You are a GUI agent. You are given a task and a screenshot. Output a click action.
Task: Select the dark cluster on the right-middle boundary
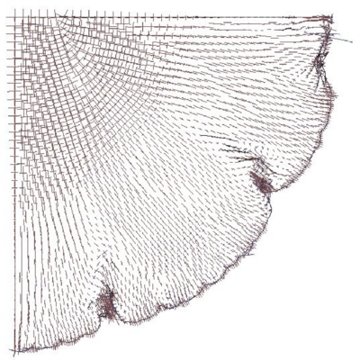tap(263, 183)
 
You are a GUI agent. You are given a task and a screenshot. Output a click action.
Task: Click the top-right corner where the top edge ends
tap(329, 16)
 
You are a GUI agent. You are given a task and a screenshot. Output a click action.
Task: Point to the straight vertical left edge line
tap(14, 180)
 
